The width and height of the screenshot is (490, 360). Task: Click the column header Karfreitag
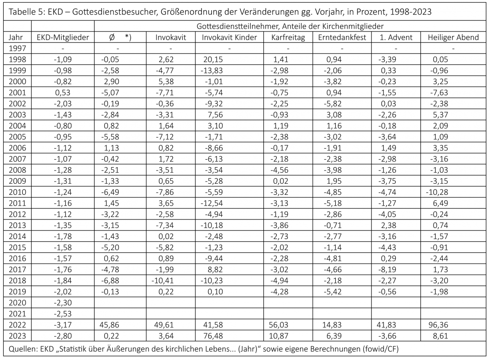(287, 38)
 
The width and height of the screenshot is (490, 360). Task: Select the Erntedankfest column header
(342, 38)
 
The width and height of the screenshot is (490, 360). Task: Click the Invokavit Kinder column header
(229, 38)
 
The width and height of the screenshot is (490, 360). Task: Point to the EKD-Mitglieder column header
(63, 38)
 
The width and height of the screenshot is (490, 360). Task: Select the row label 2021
(17, 314)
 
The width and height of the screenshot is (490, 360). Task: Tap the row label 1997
(17, 48)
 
